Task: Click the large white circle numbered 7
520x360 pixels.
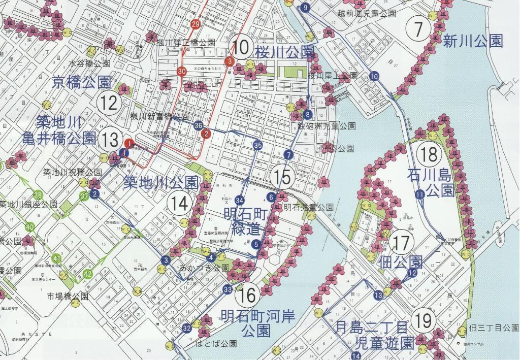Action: pos(418,29)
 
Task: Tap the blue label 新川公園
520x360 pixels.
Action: pos(473,41)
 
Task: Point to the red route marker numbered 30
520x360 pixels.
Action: pos(182,72)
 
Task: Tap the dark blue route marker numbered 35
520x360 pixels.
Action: pos(258,145)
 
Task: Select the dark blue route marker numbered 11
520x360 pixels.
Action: pos(419,194)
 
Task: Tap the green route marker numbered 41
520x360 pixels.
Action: pos(57,259)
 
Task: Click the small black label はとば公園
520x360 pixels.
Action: pos(216,344)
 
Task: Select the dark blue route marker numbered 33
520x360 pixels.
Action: pos(227,290)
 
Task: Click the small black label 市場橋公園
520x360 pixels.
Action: pos(68,296)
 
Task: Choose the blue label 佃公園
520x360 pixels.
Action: pos(401,262)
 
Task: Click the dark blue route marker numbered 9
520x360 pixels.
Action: pos(305,8)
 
